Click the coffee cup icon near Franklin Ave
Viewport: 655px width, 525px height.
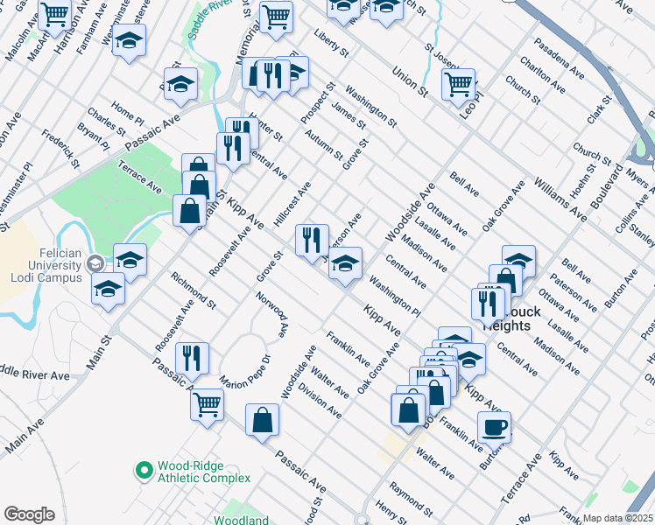495,427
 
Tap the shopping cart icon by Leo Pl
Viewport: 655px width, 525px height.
458,85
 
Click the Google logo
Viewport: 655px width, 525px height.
30,514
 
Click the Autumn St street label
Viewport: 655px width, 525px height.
324,145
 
